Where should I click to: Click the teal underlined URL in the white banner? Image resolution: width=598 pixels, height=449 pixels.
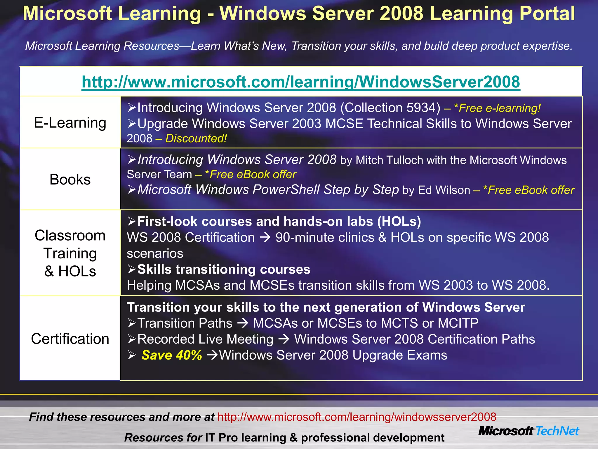(301, 82)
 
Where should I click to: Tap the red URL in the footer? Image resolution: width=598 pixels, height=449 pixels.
(357, 417)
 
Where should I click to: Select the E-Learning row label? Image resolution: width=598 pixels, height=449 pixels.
(70, 123)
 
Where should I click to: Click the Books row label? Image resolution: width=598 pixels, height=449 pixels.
(70, 179)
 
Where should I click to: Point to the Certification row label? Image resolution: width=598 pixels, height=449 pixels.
(70, 339)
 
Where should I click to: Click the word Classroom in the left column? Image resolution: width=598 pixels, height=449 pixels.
(70, 236)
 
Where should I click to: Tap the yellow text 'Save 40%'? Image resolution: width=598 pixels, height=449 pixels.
(172, 355)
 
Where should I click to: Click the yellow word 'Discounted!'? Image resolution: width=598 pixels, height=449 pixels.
(196, 139)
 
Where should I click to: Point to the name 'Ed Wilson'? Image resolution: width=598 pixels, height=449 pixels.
(444, 190)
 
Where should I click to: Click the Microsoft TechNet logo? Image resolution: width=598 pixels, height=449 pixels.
(529, 431)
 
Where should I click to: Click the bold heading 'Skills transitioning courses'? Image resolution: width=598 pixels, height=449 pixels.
(224, 269)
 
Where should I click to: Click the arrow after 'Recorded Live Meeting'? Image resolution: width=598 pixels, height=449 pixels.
(284, 339)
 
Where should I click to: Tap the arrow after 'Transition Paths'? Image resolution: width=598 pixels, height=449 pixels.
(243, 323)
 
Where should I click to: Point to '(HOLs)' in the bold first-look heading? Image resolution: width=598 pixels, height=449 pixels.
(399, 222)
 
